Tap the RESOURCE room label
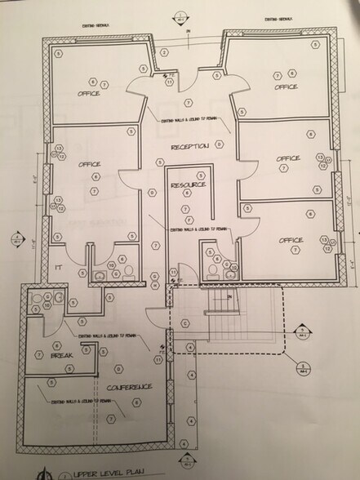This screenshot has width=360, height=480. point(189,186)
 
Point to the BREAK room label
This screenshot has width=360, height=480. point(62,357)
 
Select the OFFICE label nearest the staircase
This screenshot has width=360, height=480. point(291,240)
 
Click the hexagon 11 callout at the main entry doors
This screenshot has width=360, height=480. point(167,74)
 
